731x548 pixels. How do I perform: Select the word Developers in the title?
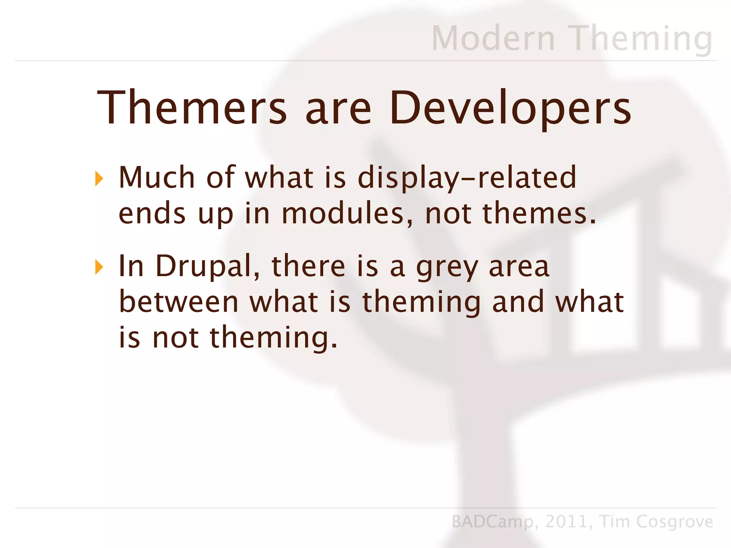pos(510,108)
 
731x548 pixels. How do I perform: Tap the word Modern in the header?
pos(493,38)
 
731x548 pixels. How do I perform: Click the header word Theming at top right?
pos(641,38)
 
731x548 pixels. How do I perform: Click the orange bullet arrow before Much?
pos(99,178)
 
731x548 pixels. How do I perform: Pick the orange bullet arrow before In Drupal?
pos(99,267)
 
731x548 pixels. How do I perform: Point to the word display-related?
pos(467,177)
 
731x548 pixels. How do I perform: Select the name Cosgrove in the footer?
pos(675,522)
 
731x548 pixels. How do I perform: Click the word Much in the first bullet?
pos(157,177)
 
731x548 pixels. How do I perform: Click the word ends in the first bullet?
pos(152,214)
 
